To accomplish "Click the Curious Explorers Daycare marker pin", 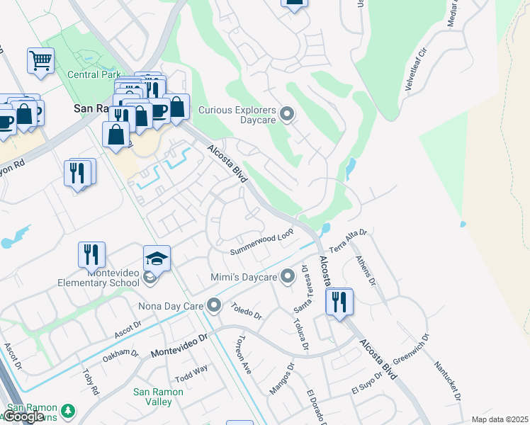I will pyautogui.click(x=287, y=113).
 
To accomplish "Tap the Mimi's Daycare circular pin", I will pyautogui.click(x=287, y=276).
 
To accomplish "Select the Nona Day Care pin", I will pyautogui.click(x=214, y=307).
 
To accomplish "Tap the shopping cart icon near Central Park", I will pyautogui.click(x=41, y=61).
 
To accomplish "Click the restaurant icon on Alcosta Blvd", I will pyautogui.click(x=339, y=302).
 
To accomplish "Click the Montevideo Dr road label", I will pyautogui.click(x=179, y=346).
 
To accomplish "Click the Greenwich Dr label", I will pyautogui.click(x=411, y=355).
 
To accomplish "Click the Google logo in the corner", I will pyautogui.click(x=24, y=416).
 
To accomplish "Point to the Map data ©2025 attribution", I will pyautogui.click(x=500, y=419).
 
